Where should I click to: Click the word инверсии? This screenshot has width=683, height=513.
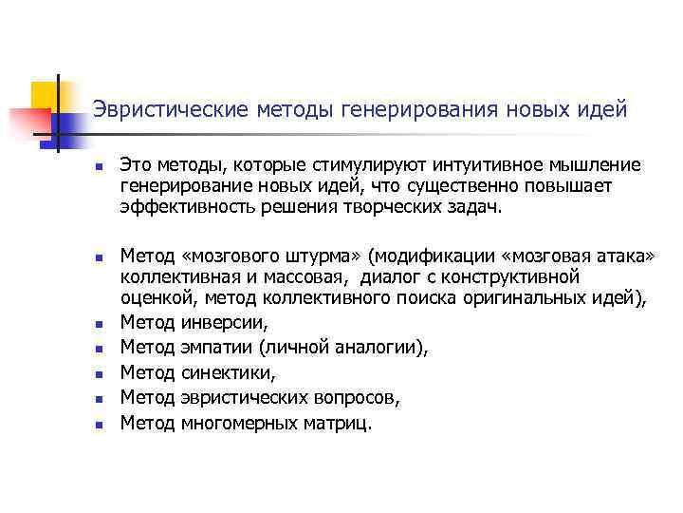(224, 324)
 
